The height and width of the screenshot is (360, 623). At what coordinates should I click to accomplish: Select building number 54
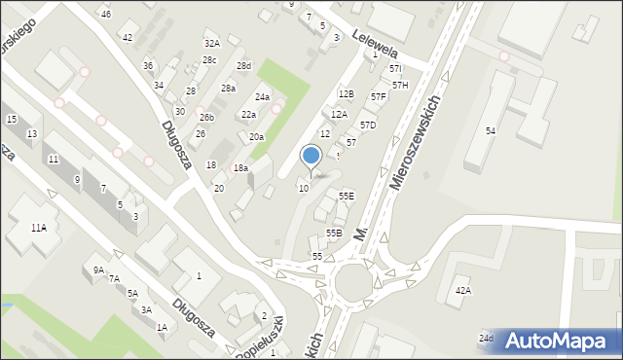[492, 130]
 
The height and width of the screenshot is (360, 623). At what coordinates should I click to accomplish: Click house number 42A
[463, 291]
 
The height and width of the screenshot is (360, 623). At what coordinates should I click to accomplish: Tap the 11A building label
[38, 228]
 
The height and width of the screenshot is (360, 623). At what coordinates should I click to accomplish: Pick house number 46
[105, 14]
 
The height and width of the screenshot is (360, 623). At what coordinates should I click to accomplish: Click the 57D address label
[368, 126]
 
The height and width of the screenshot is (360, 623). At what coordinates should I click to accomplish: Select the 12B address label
[346, 93]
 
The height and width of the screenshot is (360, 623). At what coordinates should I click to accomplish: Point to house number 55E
[347, 196]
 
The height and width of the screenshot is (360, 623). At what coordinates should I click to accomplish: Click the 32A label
[211, 44]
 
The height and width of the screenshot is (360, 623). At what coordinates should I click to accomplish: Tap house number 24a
[262, 97]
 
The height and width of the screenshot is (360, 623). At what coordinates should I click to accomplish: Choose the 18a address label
[240, 168]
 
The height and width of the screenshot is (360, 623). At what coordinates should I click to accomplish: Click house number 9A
[98, 270]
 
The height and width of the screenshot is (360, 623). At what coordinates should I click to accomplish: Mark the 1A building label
[162, 328]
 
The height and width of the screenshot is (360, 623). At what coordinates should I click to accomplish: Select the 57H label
[400, 86]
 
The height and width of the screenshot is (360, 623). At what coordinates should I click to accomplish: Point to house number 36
[148, 65]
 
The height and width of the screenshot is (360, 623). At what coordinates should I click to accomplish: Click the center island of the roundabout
[351, 284]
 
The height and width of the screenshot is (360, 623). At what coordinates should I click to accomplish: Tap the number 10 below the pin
[304, 188]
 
